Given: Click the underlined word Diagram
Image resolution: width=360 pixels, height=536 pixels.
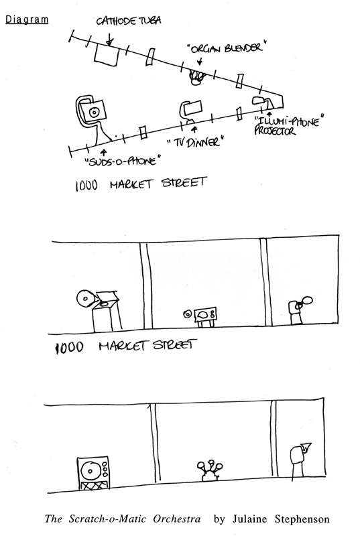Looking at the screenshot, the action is click(27, 19).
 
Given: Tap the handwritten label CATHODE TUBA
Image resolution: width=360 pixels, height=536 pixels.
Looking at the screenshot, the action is click(128, 21).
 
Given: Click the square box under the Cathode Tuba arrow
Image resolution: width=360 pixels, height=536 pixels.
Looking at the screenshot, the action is click(107, 55).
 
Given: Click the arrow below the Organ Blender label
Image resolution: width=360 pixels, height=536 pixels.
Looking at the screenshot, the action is click(200, 61).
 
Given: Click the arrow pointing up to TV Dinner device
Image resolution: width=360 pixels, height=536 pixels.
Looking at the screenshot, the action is click(195, 129).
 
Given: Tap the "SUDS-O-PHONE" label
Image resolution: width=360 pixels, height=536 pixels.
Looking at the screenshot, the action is click(123, 161).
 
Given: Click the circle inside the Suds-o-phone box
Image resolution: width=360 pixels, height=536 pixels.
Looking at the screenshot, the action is click(93, 112).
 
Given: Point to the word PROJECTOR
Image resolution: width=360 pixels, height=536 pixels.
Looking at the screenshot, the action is click(275, 131).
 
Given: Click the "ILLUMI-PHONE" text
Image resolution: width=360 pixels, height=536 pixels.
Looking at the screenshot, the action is click(289, 121).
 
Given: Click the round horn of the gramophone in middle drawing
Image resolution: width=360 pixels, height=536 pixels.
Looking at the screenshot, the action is click(84, 299).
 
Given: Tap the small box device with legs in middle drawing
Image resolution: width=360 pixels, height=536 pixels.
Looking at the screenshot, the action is click(204, 316).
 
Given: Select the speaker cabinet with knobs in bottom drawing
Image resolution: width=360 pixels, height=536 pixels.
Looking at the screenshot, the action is click(93, 473).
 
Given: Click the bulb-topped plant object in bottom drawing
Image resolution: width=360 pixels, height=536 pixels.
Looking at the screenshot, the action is click(209, 471).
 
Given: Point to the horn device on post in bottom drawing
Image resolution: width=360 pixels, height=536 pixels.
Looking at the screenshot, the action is click(300, 460).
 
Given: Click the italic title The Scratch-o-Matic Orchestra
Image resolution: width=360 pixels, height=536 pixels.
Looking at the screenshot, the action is click(123, 519).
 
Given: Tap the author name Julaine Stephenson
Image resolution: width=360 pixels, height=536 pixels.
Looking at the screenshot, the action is click(281, 519).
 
